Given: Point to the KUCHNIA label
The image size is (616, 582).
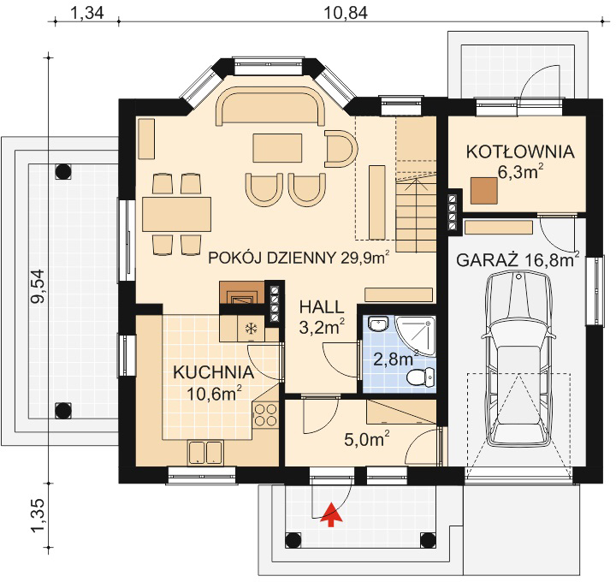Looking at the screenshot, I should (213, 373).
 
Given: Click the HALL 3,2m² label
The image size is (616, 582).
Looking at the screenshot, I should (322, 316).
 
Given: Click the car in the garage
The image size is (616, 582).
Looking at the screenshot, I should (519, 368).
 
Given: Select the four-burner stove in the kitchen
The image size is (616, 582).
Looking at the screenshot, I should (266, 415).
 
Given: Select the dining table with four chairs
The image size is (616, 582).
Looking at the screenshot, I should (177, 214).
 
